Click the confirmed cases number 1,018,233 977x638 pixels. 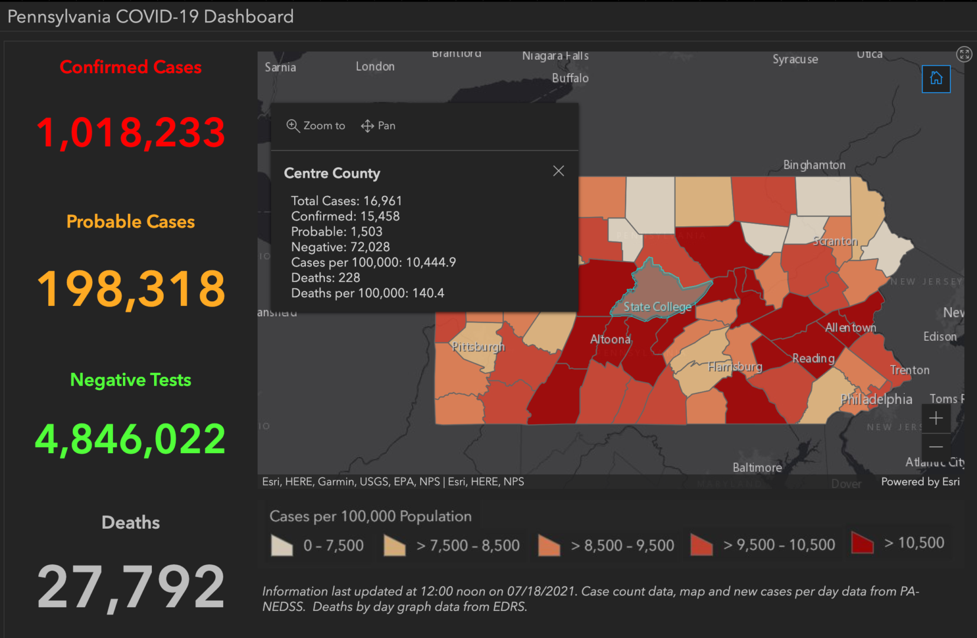(131, 132)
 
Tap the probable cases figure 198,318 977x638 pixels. (131, 288)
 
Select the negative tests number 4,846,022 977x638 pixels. (131, 439)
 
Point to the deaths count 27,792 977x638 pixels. (131, 586)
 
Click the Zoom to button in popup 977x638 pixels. (316, 126)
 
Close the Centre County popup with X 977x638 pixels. (558, 171)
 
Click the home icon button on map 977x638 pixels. (936, 79)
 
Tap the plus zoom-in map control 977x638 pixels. (936, 419)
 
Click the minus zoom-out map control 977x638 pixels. (936, 447)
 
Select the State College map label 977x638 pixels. (657, 307)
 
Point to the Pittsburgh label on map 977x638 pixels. (478, 347)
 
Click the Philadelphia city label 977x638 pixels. (876, 399)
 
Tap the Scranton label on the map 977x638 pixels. (835, 241)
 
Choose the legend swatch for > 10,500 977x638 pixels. (862, 542)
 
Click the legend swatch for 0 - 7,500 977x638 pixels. (282, 545)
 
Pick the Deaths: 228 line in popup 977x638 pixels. (325, 278)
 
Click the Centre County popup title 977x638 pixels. (332, 173)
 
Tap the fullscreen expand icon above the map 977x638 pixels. (964, 54)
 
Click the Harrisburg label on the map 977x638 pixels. (735, 367)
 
